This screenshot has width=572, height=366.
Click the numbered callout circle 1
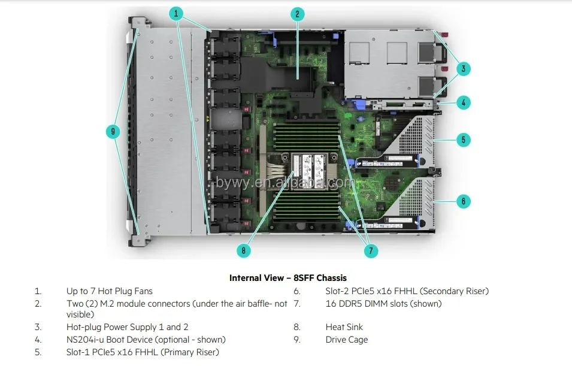[x=176, y=13]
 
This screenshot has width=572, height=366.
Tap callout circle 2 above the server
[x=298, y=15]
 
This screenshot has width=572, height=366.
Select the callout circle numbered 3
[x=463, y=69]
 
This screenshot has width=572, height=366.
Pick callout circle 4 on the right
[x=463, y=102]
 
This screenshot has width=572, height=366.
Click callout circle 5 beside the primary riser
[x=463, y=140]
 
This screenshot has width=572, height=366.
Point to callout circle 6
[x=463, y=201]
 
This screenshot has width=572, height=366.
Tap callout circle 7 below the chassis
[x=371, y=251]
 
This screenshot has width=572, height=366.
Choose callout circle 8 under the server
[x=243, y=251]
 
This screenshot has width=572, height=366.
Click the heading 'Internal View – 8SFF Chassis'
[x=287, y=278]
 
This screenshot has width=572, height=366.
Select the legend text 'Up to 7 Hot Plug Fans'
[x=109, y=291]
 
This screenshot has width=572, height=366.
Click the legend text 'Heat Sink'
[x=344, y=327]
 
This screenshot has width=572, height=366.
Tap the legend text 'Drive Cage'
[x=346, y=340]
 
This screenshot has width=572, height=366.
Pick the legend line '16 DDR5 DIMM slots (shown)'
[x=383, y=304]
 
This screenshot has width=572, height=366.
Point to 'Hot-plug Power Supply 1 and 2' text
[x=127, y=327]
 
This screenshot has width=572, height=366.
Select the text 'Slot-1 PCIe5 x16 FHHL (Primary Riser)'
[x=143, y=352]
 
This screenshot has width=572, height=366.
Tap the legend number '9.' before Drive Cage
[x=297, y=340]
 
